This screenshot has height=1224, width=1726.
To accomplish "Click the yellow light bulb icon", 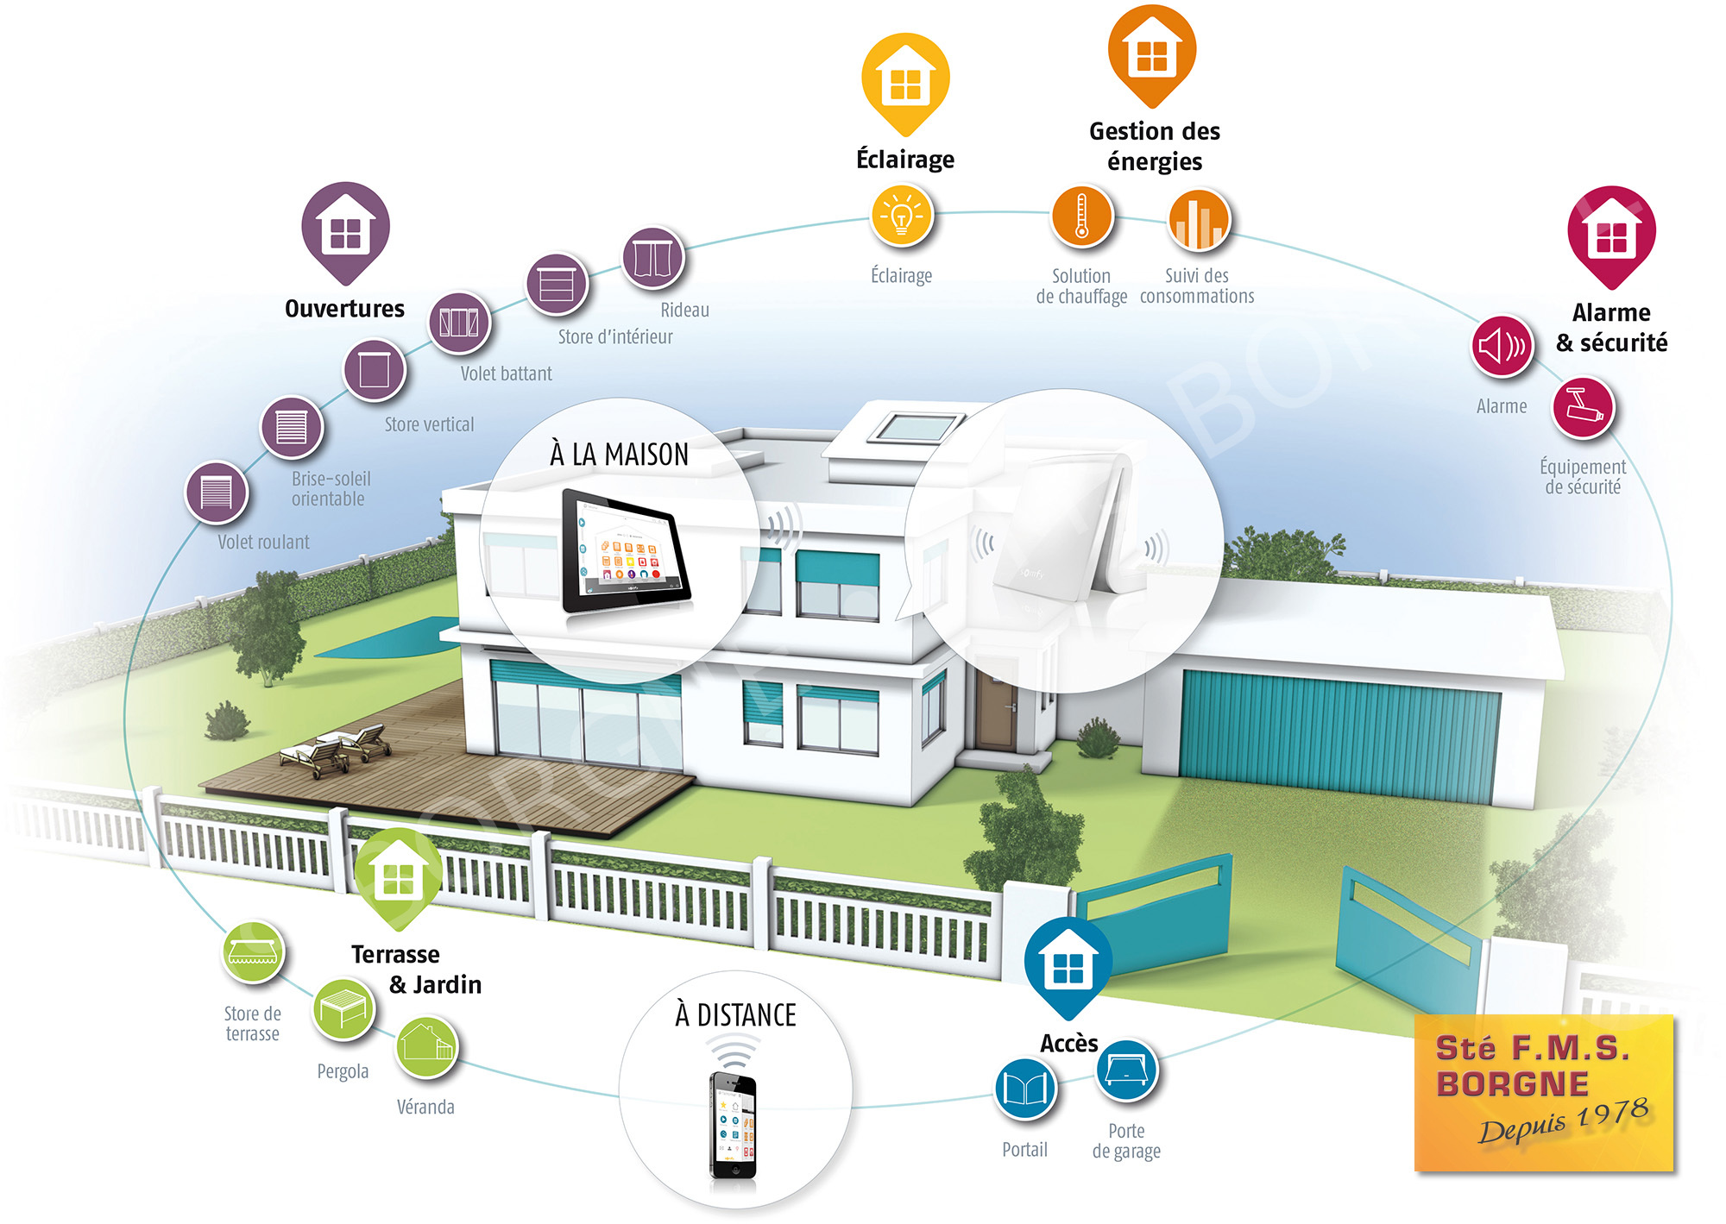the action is pyautogui.click(x=902, y=216).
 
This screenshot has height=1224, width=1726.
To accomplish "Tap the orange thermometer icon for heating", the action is pyautogui.click(x=1082, y=217).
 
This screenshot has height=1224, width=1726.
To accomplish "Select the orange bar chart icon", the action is pyautogui.click(x=1199, y=220).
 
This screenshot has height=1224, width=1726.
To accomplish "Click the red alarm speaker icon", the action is pyautogui.click(x=1502, y=347).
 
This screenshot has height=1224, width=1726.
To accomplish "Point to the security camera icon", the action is pyautogui.click(x=1584, y=407).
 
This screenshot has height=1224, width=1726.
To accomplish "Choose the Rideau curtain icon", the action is pyautogui.click(x=653, y=258).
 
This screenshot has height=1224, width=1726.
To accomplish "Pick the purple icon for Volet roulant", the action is pyautogui.click(x=217, y=493).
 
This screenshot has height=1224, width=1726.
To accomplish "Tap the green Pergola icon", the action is pyautogui.click(x=343, y=1008).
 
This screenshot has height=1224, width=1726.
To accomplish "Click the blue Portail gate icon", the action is pyautogui.click(x=1025, y=1089).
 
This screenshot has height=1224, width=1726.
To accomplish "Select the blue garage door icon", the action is pyautogui.click(x=1127, y=1070).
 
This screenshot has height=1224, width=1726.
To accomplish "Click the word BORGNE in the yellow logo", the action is pyautogui.click(x=1512, y=1084).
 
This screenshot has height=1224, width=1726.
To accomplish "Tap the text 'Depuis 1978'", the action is pyautogui.click(x=1564, y=1120).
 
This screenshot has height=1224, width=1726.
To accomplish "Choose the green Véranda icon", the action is pyautogui.click(x=426, y=1045).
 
